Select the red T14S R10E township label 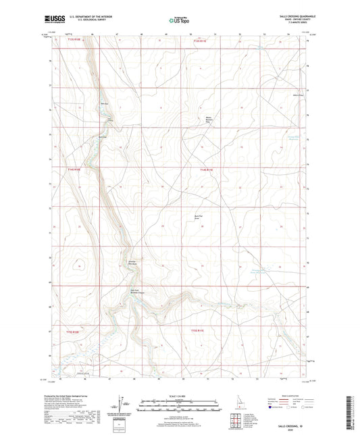(72, 170)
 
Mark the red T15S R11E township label (197, 332)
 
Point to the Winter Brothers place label (210, 120)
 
